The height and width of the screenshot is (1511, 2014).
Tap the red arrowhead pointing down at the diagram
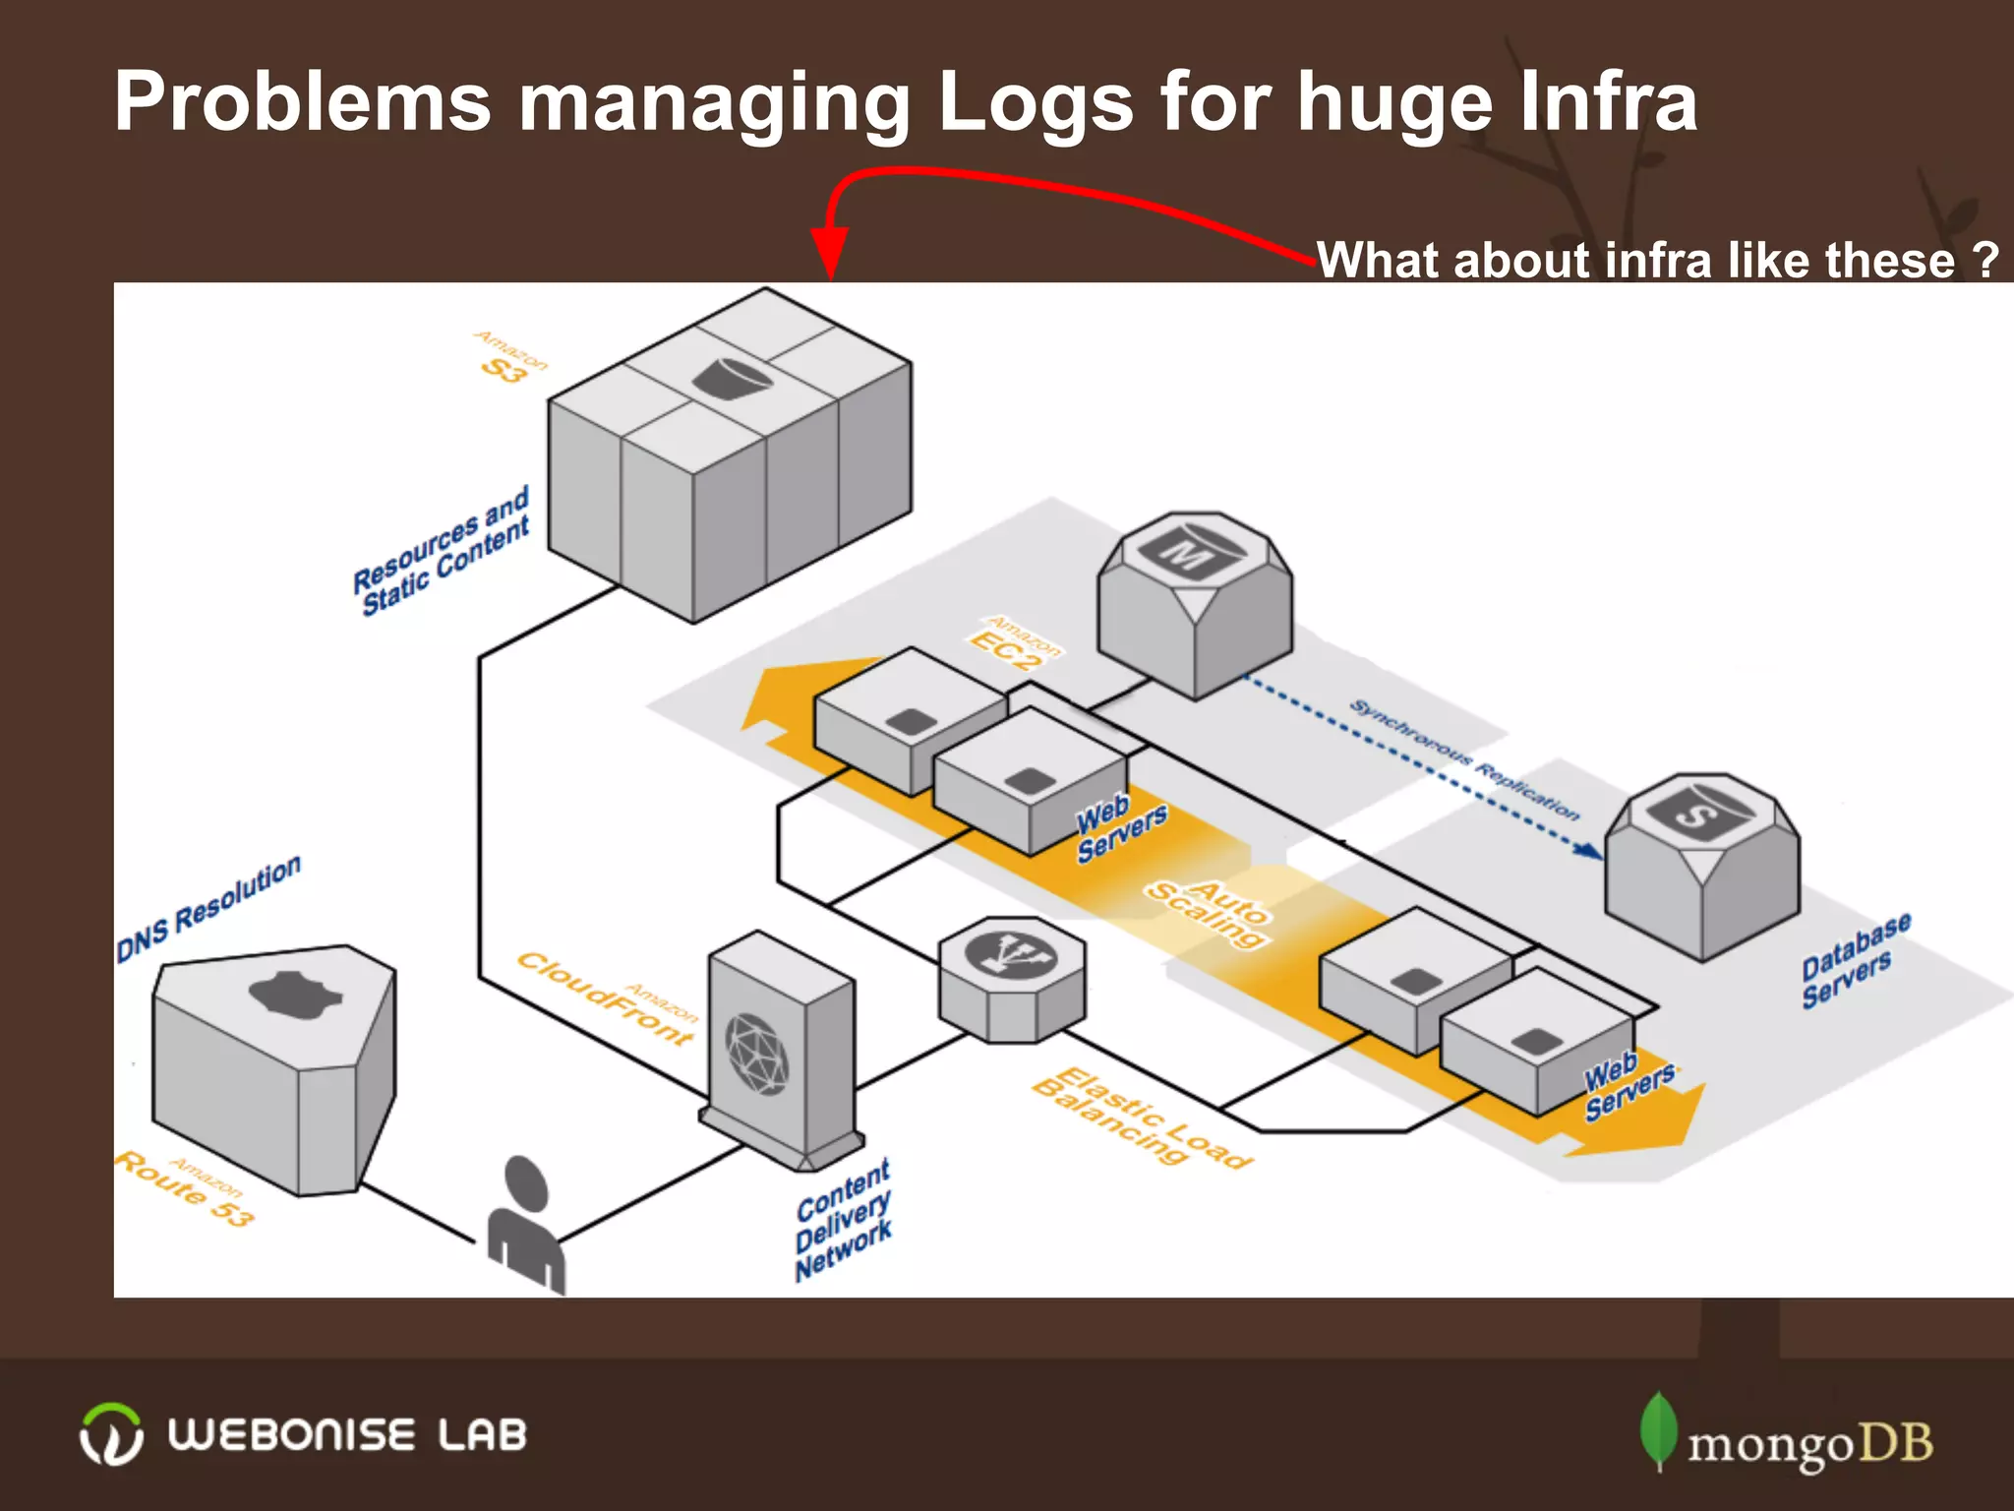click(829, 254)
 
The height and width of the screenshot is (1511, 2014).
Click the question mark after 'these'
click(1985, 260)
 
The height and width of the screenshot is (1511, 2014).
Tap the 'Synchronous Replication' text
click(1463, 759)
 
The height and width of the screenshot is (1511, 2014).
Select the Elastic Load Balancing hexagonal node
click(1011, 980)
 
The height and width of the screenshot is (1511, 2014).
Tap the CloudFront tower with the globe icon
click(781, 1053)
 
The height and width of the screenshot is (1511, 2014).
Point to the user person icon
click(526, 1225)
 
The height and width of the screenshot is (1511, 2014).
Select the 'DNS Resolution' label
click(208, 909)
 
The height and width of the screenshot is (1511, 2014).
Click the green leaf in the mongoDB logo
click(1658, 1429)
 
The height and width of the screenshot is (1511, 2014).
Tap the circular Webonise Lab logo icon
click(110, 1434)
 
